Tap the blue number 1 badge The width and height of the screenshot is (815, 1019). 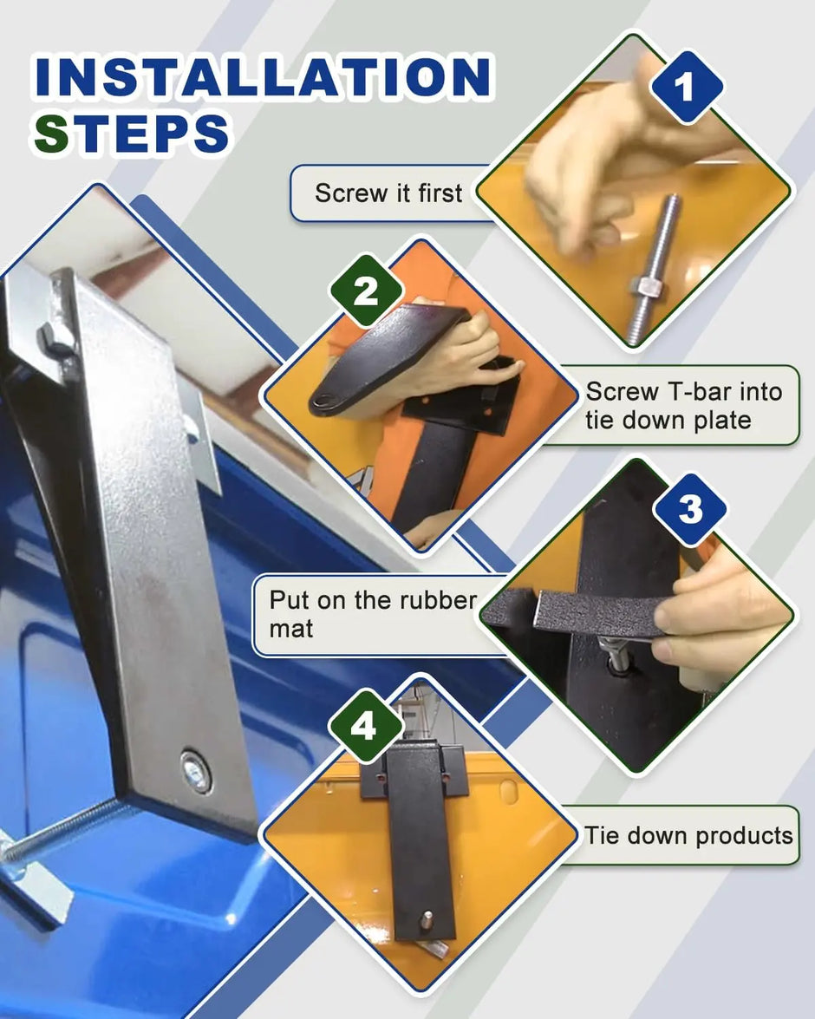pos(687,87)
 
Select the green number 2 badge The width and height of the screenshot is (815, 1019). pos(366,291)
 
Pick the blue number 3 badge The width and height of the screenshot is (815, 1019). pos(690,509)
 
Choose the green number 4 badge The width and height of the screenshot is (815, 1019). pos(365,725)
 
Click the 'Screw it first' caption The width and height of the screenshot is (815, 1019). pos(388,193)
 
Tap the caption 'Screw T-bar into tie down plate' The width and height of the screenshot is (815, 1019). pos(683,405)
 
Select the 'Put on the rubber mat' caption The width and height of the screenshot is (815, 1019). pos(373,613)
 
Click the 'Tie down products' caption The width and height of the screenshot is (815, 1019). pos(688,835)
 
